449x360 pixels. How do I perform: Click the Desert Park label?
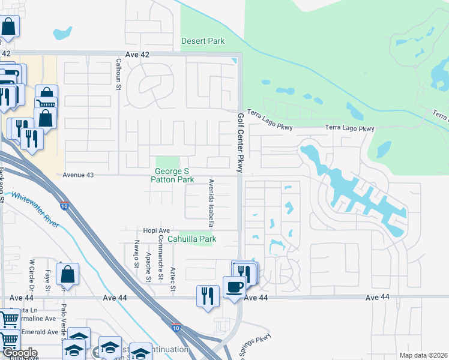tap(203, 41)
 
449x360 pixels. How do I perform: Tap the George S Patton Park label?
tap(172, 176)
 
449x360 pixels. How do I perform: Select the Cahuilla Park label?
tap(191, 239)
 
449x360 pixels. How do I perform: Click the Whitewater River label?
tap(35, 209)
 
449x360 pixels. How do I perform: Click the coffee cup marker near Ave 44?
tap(234, 287)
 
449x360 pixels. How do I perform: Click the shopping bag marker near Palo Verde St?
tap(68, 275)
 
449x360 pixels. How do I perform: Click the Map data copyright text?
tap(423, 355)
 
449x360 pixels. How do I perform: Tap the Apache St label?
tap(148, 267)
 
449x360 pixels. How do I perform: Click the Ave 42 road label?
tap(137, 55)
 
